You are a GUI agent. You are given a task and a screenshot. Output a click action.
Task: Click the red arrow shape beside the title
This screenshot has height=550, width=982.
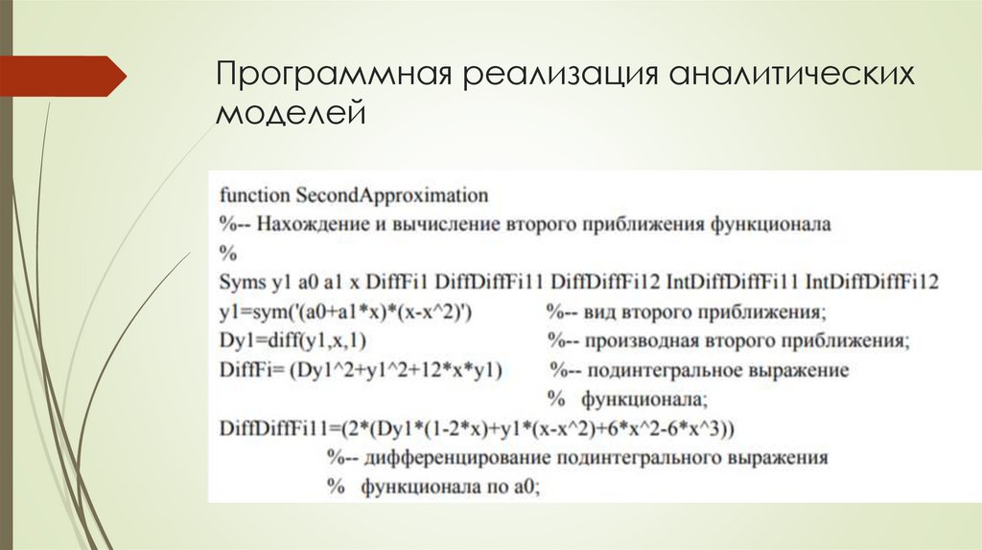tap(62, 76)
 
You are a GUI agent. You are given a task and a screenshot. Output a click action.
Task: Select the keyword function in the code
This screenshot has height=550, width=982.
tap(254, 195)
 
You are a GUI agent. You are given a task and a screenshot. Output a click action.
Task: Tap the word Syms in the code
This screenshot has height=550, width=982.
tap(239, 283)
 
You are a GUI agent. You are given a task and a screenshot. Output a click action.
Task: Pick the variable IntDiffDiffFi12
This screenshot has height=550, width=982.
tap(872, 283)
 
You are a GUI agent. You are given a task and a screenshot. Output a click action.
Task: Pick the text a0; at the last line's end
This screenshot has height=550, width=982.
tap(526, 487)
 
